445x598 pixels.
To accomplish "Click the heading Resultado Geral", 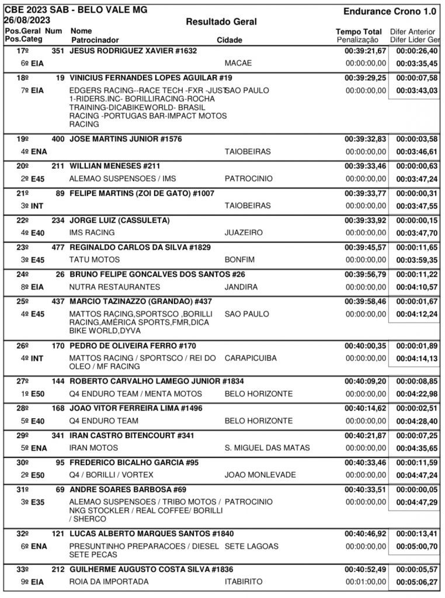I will click(221, 22).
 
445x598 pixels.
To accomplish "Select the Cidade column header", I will click(230, 40).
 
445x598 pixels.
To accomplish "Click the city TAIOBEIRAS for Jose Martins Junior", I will click(248, 151).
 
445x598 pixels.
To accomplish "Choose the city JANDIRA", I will click(241, 287).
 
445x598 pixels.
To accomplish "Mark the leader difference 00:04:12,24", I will click(415, 314).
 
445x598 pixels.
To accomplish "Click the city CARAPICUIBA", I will click(252, 358).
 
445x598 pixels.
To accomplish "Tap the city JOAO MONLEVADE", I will click(260, 475).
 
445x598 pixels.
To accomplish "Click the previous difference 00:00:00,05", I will click(415, 490).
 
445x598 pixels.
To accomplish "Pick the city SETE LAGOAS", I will click(252, 547).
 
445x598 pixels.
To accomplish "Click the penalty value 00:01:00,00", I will click(366, 582).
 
